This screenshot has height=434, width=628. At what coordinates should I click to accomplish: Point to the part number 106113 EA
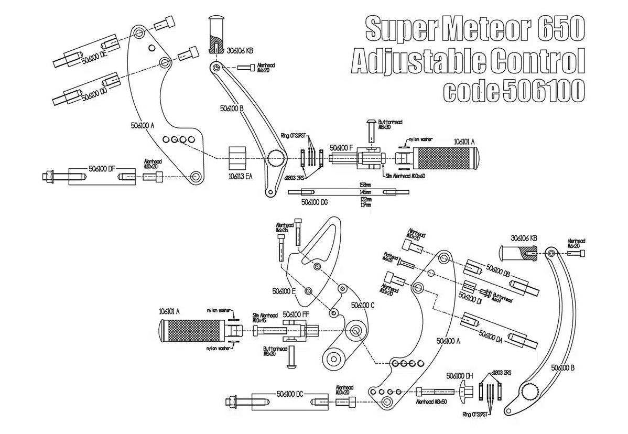click(241, 177)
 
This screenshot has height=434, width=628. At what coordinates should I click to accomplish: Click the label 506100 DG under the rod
click(315, 201)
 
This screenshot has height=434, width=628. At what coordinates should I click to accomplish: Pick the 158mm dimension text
click(365, 185)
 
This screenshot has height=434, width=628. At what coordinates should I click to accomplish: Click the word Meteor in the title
click(477, 28)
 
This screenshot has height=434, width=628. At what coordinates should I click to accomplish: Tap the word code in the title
click(469, 91)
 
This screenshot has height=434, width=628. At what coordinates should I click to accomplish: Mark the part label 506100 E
click(284, 290)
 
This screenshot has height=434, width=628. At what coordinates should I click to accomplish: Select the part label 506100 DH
click(460, 376)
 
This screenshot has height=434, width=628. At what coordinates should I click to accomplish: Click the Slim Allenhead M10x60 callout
click(404, 176)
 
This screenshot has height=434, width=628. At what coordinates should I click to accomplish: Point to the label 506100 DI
click(471, 297)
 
